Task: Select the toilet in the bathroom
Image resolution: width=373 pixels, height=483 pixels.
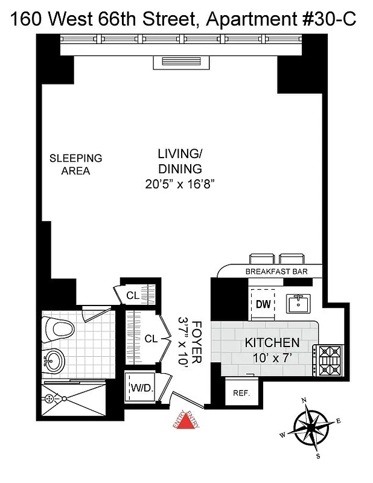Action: (60, 330)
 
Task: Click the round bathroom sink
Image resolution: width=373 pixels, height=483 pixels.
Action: (55, 362)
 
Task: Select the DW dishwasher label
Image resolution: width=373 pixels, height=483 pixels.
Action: (263, 304)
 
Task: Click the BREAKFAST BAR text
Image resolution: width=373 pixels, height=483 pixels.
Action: (276, 272)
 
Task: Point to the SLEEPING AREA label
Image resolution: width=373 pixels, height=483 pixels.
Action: (75, 164)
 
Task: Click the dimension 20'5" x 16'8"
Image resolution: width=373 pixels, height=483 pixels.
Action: (180, 185)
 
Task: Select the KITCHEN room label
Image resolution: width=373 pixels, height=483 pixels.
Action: (272, 342)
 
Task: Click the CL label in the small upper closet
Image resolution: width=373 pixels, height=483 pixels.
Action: (132, 295)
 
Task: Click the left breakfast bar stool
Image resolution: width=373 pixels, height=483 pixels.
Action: (261, 258)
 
